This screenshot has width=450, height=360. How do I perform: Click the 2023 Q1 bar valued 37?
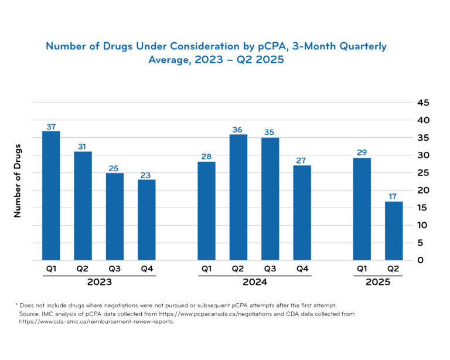[51, 196]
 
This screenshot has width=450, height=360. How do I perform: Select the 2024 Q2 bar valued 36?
[238, 198]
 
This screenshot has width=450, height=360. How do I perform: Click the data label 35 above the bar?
[270, 133]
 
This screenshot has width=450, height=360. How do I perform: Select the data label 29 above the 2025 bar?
[362, 152]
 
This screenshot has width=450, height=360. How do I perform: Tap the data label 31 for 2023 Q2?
[83, 147]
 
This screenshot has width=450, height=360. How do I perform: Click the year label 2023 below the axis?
[99, 282]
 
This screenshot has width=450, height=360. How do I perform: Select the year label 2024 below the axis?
[254, 282]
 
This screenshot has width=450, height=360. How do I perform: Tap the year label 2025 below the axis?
[378, 282]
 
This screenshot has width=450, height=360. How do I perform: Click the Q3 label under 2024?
[270, 270]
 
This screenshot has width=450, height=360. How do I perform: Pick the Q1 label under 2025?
[362, 270]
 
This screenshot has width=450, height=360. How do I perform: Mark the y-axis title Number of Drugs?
[18, 181]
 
